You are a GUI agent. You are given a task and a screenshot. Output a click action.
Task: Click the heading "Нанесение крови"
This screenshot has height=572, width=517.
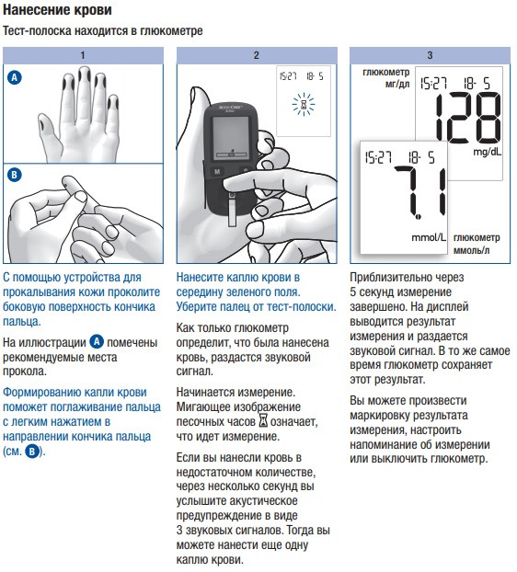(x=57, y=10)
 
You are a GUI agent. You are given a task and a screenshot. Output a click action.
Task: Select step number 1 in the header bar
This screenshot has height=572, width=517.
(x=83, y=55)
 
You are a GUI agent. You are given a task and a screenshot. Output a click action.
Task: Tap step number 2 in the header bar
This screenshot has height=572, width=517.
(x=256, y=55)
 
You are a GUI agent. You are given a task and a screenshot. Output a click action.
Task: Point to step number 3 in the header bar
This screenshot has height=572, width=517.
(x=430, y=55)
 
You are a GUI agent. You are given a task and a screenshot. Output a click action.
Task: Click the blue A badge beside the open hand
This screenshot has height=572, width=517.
(x=15, y=77)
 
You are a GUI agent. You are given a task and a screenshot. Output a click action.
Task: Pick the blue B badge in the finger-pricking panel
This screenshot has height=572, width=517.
(x=15, y=175)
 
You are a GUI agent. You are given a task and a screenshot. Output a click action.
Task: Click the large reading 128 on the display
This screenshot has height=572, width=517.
(x=468, y=118)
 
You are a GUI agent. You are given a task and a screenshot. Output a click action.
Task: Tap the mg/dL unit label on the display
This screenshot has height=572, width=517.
(x=488, y=152)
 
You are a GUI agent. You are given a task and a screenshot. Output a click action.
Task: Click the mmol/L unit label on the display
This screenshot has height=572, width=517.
(x=429, y=237)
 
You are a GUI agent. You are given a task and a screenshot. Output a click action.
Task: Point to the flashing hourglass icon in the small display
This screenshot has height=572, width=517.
(x=304, y=105)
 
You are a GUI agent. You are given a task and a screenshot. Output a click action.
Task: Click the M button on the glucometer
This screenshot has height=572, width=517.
(x=217, y=171)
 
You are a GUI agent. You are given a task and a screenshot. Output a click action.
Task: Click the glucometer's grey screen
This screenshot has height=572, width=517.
(x=231, y=138)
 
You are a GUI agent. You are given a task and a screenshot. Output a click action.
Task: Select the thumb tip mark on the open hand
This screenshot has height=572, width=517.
(x=43, y=121)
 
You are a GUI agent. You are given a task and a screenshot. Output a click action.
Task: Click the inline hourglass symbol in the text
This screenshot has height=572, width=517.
(x=263, y=420)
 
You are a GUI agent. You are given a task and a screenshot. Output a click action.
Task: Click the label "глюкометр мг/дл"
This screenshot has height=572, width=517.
(x=386, y=78)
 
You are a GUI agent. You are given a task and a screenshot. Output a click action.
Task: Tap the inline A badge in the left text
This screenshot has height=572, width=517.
(x=97, y=342)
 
